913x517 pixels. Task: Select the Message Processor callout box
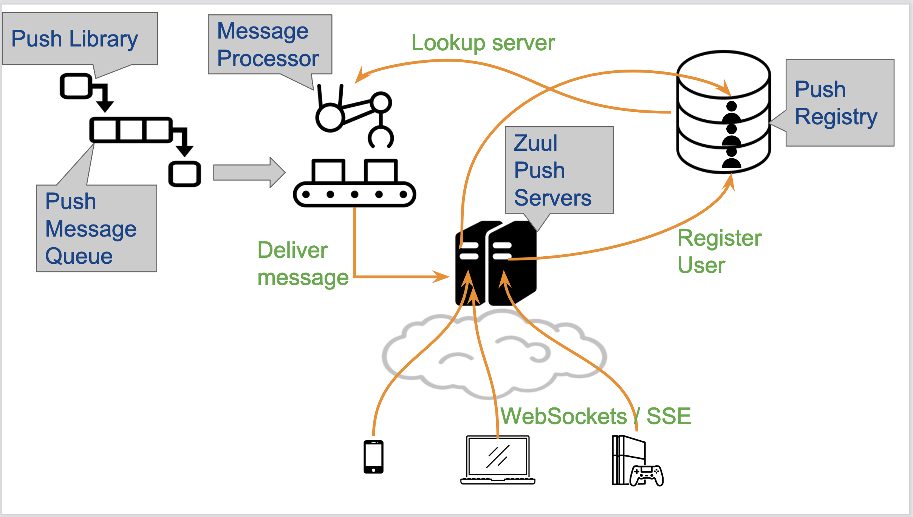click(x=269, y=45)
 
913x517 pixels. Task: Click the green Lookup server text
click(x=483, y=43)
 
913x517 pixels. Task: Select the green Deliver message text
click(x=302, y=264)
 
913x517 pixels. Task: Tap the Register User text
click(x=719, y=251)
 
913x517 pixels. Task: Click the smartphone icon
click(x=373, y=457)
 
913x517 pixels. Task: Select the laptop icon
click(x=498, y=460)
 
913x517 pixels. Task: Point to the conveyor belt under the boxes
click(x=354, y=194)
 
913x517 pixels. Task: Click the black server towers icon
click(x=496, y=264)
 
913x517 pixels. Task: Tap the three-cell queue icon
click(x=131, y=130)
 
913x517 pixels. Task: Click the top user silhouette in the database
click(x=732, y=112)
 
